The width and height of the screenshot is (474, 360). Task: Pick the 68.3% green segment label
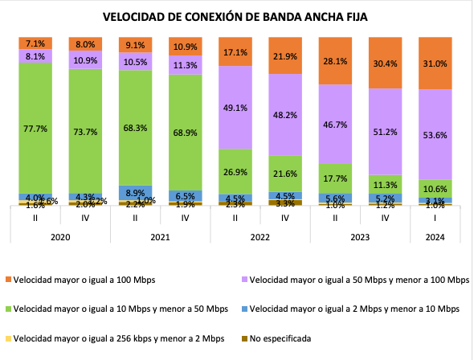[134, 128]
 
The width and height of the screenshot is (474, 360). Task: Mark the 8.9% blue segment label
[134, 192]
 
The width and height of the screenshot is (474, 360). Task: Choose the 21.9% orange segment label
[284, 55]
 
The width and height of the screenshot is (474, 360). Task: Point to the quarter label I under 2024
[434, 217]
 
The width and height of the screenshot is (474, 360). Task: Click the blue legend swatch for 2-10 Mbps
[245, 309]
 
